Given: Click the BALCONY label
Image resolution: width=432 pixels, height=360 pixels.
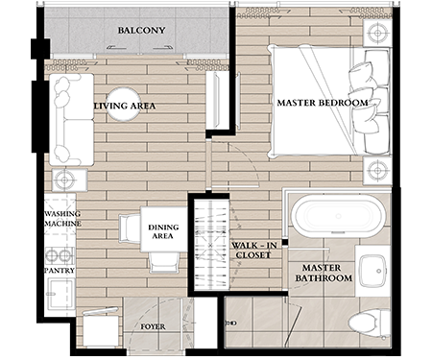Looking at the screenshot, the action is pyautogui.click(x=141, y=31).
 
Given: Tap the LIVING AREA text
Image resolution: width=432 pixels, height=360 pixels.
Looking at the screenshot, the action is pyautogui.click(x=125, y=106).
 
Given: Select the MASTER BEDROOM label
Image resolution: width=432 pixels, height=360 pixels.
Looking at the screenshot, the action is pyautogui.click(x=323, y=103).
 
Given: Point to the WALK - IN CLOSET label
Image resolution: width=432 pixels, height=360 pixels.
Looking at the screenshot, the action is pyautogui.click(x=253, y=251).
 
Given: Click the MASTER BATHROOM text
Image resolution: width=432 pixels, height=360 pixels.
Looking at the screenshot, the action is pyautogui.click(x=324, y=273).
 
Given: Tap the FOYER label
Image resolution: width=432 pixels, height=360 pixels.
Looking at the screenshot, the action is pyautogui.click(x=153, y=326).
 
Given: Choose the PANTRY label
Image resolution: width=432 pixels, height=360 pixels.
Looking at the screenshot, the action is pyautogui.click(x=60, y=271).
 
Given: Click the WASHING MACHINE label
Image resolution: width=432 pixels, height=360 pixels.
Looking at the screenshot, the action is pyautogui.click(x=62, y=219).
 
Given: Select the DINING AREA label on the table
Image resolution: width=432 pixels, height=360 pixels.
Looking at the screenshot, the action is pyautogui.click(x=163, y=231).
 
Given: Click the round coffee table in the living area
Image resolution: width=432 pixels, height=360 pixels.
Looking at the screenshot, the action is pyautogui.click(x=123, y=104).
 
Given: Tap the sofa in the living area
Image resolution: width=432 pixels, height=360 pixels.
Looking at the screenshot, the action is pyautogui.click(x=71, y=119).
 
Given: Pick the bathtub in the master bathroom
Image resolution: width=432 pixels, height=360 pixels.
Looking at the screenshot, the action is pyautogui.click(x=339, y=216).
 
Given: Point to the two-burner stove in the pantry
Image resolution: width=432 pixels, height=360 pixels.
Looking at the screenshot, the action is pyautogui.click(x=60, y=255).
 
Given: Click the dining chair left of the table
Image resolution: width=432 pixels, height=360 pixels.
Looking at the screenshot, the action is pyautogui.click(x=130, y=228).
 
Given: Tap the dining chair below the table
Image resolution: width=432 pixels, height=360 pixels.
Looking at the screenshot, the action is pyautogui.click(x=164, y=262).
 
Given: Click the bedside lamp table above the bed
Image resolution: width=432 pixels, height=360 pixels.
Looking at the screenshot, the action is pyautogui.click(x=377, y=34).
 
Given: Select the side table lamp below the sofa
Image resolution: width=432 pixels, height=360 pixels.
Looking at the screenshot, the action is pyautogui.click(x=65, y=180).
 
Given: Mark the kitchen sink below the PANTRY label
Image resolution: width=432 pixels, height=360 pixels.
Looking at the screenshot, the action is pyautogui.click(x=60, y=294).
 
